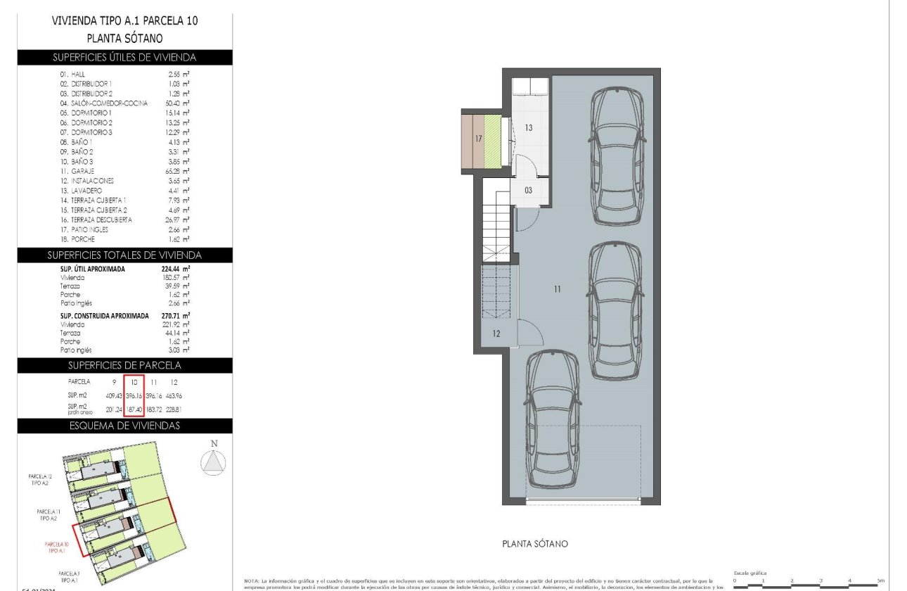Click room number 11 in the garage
pos(557,288)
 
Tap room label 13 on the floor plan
pos(529,128)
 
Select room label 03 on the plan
pos(528,191)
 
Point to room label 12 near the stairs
pos(496,333)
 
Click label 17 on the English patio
pos(478,139)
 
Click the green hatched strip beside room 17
pos(492,141)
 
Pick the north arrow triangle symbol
pos(214,461)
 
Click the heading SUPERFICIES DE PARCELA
pos(124,365)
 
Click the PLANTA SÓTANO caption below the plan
pos(534,544)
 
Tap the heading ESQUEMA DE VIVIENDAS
pos(124,425)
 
